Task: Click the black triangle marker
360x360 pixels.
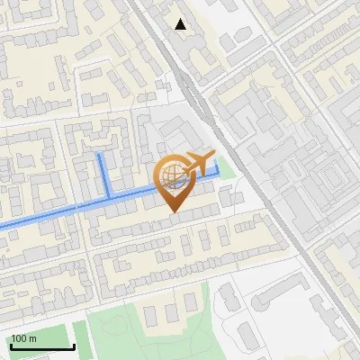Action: pos(181,24)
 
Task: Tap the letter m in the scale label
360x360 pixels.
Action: pos(33,338)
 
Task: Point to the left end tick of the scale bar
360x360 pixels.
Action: pos(11,346)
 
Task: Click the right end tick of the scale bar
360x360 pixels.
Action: pos(74,346)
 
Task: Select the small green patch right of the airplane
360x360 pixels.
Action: pos(227,168)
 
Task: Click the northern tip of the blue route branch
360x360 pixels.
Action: pos(100,156)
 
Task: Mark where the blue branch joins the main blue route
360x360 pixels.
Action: pos(109,198)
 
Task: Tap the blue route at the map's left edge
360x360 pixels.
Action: pos(3,224)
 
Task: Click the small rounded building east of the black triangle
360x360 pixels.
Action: pos(228,41)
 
